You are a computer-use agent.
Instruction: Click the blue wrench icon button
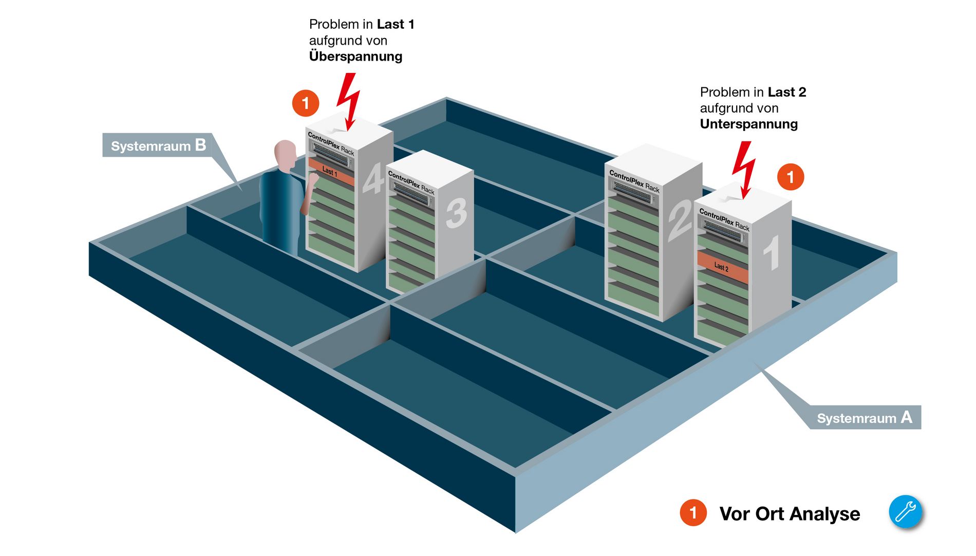[906, 512]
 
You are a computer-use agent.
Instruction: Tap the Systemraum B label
[158, 145]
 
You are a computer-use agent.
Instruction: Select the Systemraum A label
[865, 417]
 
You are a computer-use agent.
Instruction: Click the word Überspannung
[355, 57]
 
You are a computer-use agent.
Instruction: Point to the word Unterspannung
[748, 124]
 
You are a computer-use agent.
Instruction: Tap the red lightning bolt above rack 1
[743, 170]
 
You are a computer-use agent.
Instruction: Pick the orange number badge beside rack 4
[306, 103]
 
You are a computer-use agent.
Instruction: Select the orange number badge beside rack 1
[791, 177]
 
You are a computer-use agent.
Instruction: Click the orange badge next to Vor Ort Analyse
[693, 512]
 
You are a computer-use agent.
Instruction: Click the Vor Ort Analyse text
[790, 514]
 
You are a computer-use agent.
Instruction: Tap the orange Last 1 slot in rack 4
[331, 172]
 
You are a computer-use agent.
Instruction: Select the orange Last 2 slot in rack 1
[722, 267]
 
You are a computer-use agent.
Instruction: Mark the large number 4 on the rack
[373, 178]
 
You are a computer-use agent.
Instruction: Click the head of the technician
[285, 156]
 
